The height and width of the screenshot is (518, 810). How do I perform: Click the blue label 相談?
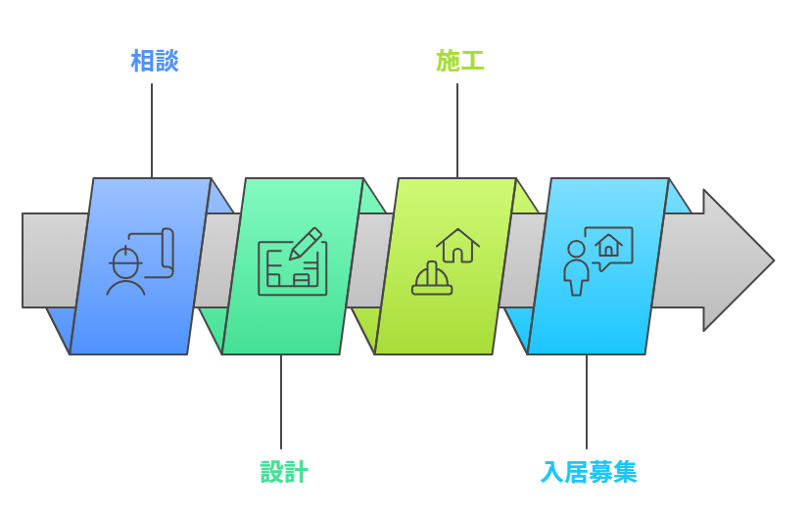(154, 61)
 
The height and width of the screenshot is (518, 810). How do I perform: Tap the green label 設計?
(284, 472)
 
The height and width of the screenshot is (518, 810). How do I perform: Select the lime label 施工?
(459, 61)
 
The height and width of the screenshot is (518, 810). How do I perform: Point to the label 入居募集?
(589, 472)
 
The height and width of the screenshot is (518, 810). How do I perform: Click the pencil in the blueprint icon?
(307, 242)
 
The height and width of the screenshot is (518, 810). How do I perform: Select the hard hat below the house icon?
(432, 279)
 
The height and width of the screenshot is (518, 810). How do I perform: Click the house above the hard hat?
(458, 246)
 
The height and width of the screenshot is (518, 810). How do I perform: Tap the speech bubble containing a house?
(608, 246)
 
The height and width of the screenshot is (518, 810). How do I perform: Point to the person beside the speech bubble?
(577, 267)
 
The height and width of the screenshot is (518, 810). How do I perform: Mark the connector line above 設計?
(281, 401)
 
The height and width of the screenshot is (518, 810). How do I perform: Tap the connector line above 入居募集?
(587, 401)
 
